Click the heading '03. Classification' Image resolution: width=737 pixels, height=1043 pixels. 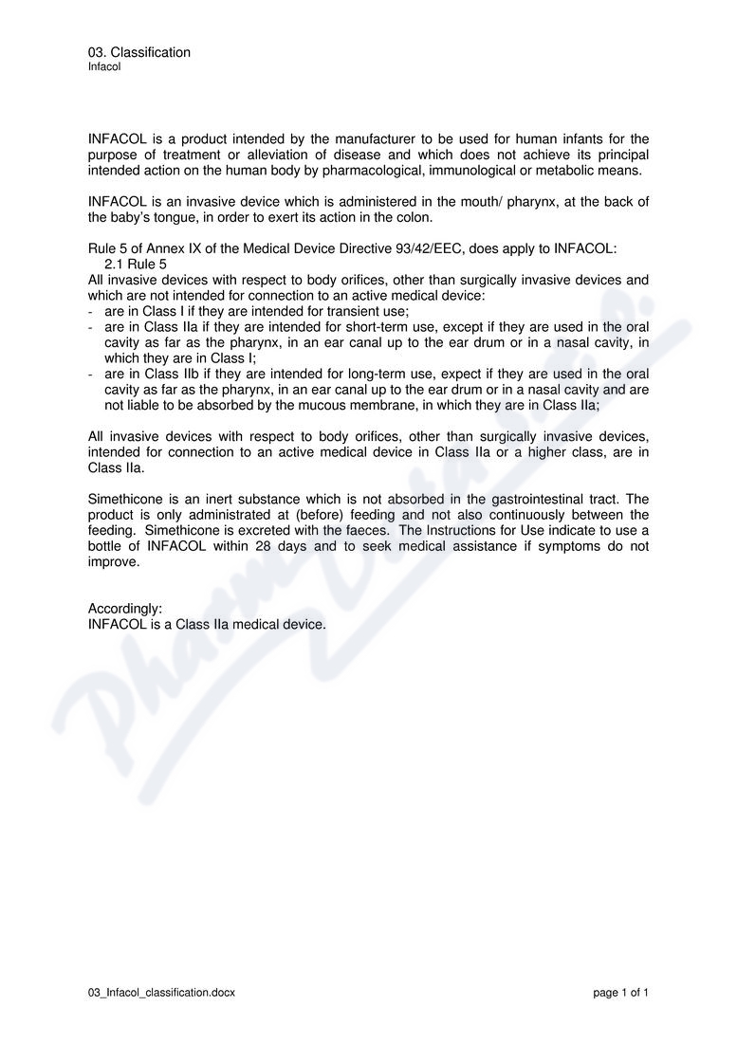tap(138, 52)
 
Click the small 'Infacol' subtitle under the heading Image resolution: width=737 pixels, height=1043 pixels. tap(104, 67)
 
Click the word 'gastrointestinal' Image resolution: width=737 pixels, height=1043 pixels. tap(512, 499)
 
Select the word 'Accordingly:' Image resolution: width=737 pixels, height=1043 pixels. tap(125, 609)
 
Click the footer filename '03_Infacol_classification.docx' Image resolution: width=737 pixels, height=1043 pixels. tap(161, 993)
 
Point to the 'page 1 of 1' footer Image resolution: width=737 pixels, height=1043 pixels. tap(620, 993)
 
